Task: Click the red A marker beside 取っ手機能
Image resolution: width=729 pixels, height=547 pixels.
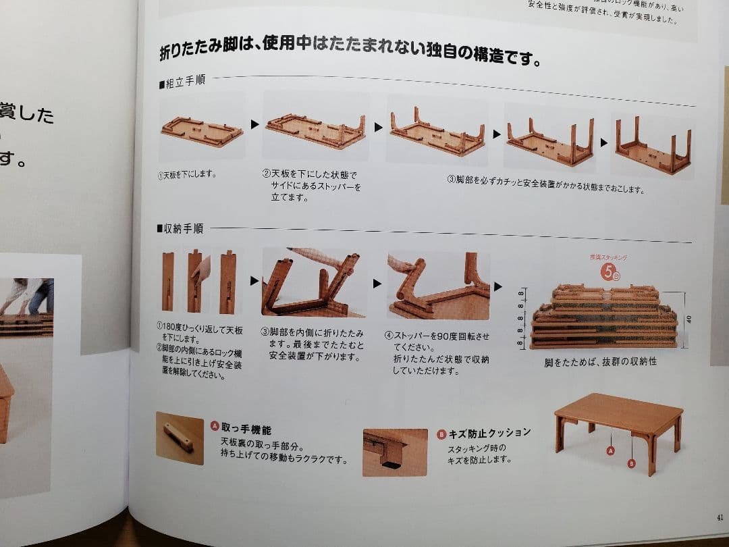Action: click(x=215, y=426)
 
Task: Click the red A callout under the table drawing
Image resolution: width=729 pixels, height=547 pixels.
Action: click(x=611, y=450)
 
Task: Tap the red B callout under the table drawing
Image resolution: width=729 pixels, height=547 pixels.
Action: click(x=632, y=463)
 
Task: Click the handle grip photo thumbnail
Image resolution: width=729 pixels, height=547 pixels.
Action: click(x=179, y=438)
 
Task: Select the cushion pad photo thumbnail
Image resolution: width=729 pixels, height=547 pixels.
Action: click(x=395, y=452)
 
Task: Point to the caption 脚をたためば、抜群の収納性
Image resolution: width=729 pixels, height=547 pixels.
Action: click(x=600, y=362)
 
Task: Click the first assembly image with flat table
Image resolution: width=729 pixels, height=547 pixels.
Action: click(x=202, y=129)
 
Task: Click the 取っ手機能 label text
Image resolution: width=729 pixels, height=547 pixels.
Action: click(x=246, y=428)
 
